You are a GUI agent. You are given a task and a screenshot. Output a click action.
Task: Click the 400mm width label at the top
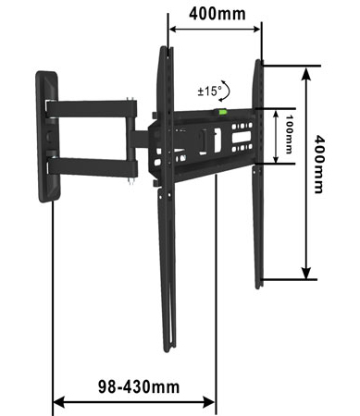click(x=217, y=14)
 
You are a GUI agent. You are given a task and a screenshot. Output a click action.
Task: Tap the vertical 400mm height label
click(x=319, y=165)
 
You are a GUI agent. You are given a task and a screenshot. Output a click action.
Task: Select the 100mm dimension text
click(x=289, y=134)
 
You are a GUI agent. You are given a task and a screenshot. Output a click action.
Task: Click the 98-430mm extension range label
click(x=139, y=386)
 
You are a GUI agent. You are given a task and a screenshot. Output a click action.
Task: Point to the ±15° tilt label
click(x=209, y=92)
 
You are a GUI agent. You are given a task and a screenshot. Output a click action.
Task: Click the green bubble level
click(x=221, y=112)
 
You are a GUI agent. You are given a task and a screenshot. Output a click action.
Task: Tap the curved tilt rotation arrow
click(x=225, y=91)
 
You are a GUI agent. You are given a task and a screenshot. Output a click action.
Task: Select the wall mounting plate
click(x=48, y=137)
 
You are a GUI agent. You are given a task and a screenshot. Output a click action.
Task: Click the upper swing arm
click(x=91, y=109)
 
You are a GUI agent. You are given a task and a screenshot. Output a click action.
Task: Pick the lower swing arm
click(x=92, y=166)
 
